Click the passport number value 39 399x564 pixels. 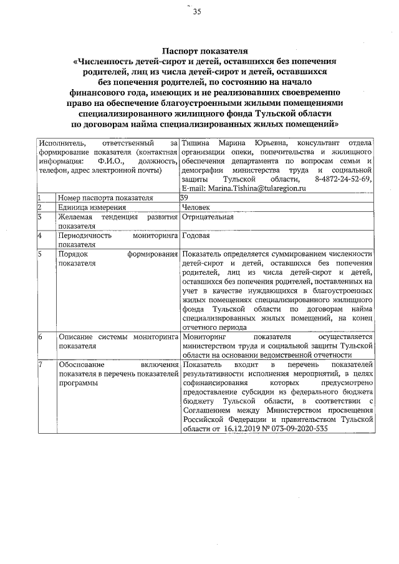[183, 198]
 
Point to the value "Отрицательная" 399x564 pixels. [208, 217]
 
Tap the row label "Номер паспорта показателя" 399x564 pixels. [105, 198]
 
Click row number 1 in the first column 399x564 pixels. [39, 198]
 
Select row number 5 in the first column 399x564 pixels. [39, 254]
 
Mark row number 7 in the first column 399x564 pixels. [39, 364]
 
